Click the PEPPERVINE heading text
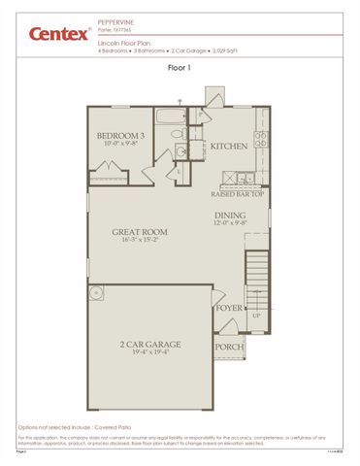click(x=117, y=18)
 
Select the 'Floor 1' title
click(x=180, y=68)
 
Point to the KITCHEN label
click(x=228, y=147)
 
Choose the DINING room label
click(x=229, y=216)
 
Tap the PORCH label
click(x=229, y=347)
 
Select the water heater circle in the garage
click(x=95, y=293)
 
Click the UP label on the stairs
click(x=256, y=316)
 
